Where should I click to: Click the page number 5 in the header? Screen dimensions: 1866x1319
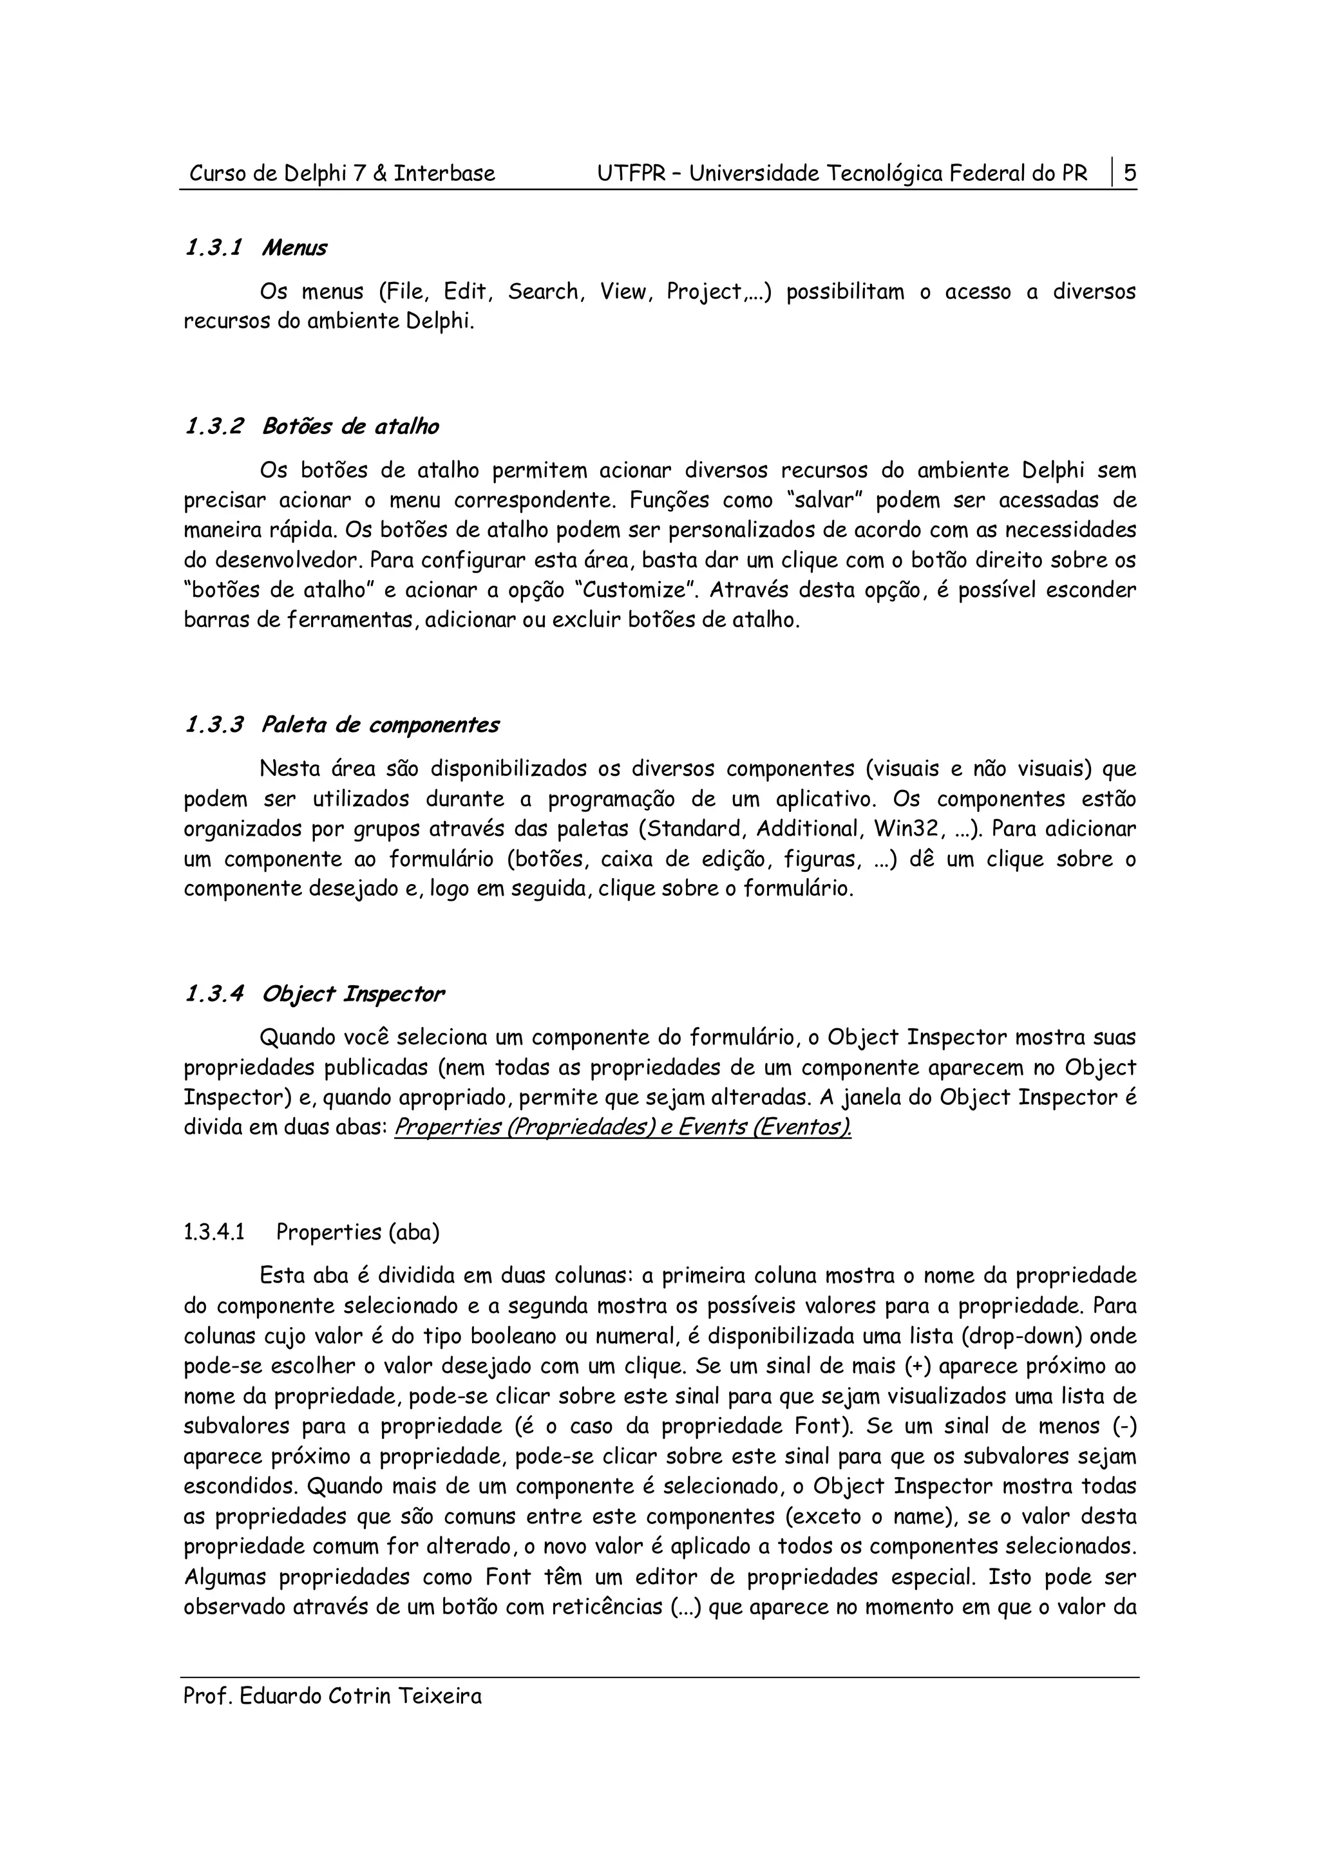tap(1129, 173)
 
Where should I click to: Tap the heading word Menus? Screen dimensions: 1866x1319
tap(294, 248)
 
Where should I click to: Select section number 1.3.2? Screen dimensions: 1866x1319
tap(214, 427)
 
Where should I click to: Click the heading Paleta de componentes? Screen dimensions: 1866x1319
tap(379, 725)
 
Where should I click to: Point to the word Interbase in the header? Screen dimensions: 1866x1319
tap(444, 174)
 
